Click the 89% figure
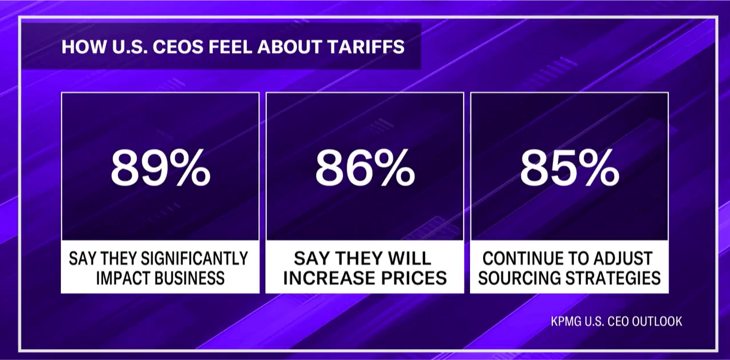(x=160, y=167)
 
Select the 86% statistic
(x=365, y=167)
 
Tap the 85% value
(x=569, y=167)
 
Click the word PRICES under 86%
(x=414, y=278)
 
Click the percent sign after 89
(x=192, y=167)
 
